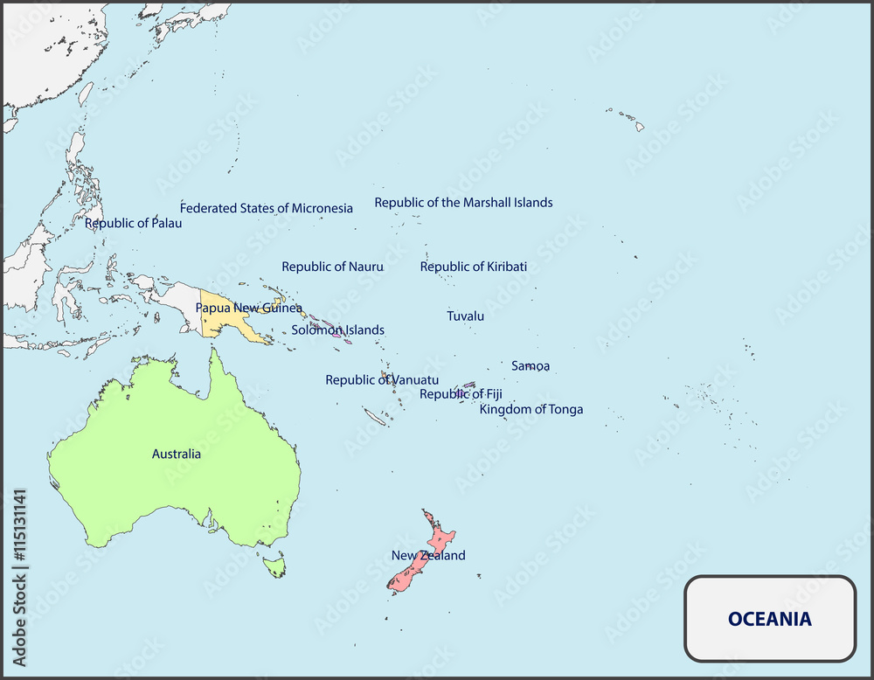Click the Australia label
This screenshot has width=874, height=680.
pyautogui.click(x=176, y=454)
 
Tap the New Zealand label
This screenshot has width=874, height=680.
pyautogui.click(x=427, y=555)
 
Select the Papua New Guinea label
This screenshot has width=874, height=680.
pyautogui.click(x=248, y=308)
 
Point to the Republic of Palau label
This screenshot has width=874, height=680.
pyautogui.click(x=133, y=223)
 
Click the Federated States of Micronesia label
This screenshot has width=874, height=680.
pyautogui.click(x=266, y=208)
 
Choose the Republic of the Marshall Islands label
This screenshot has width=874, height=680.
pyautogui.click(x=463, y=202)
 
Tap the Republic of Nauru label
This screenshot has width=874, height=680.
pyautogui.click(x=332, y=267)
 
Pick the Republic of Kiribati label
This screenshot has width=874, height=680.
pyautogui.click(x=473, y=267)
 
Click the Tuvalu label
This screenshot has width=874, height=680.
pyautogui.click(x=465, y=316)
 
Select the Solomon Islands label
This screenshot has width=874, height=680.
pyautogui.click(x=337, y=330)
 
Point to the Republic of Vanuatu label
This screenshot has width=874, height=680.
pyautogui.click(x=382, y=379)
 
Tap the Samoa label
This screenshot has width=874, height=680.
pyautogui.click(x=531, y=365)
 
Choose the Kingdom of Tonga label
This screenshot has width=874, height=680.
pyautogui.click(x=531, y=409)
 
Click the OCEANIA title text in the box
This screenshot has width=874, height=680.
pyautogui.click(x=769, y=619)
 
